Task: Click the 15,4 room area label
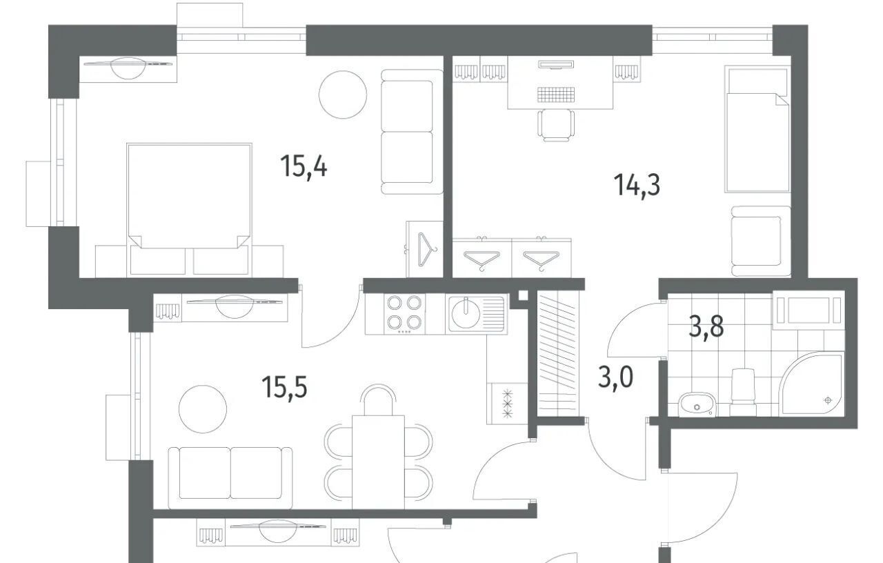pos(304,166)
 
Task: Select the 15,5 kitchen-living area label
pos(284,387)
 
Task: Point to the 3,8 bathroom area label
pos(706,327)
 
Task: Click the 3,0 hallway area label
pos(615,377)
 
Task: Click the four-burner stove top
pos(404,313)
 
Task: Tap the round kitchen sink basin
pos(466,313)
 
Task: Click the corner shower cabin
pos(811,384)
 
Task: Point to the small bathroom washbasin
pos(697,404)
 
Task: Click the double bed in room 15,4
pos(189,209)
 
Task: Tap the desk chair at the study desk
pos(556,125)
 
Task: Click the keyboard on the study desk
pos(556,94)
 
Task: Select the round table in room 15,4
pos(343,95)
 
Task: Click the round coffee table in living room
pos(203,409)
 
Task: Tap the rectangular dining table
pos(379,462)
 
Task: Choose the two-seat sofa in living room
pos(230,478)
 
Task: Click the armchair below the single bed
pos(761,241)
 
